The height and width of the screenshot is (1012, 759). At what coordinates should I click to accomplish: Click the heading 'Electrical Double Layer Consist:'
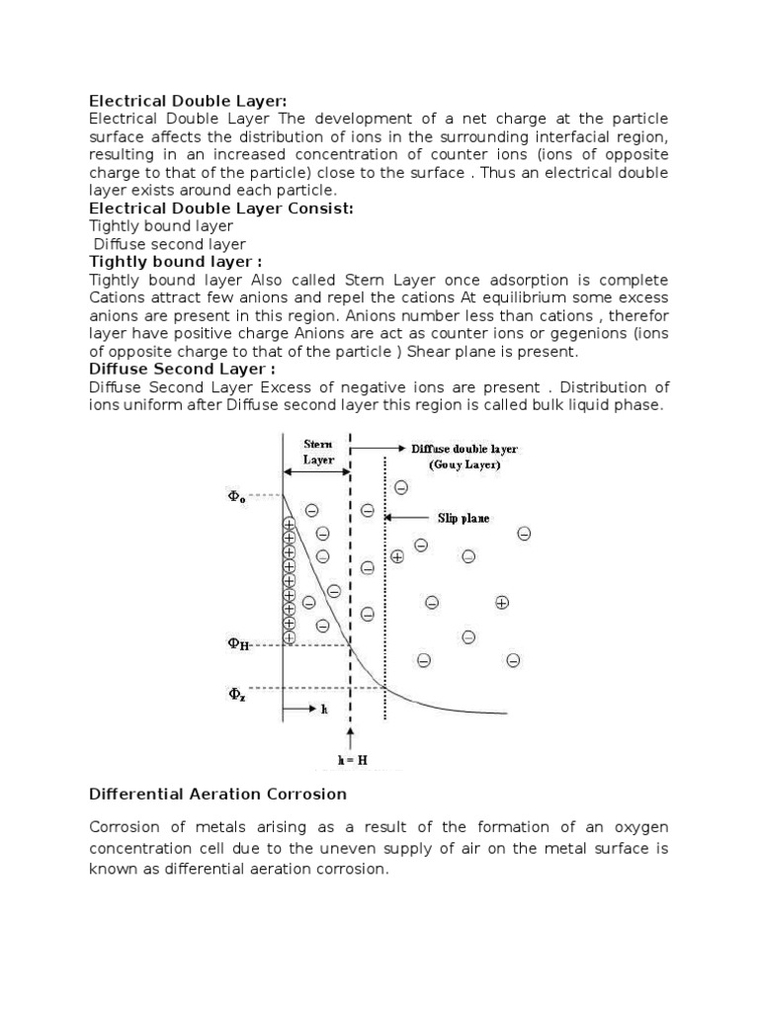(221, 209)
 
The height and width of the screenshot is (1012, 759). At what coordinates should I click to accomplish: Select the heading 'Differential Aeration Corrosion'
(217, 794)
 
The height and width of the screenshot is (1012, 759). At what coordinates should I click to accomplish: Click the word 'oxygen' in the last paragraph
(633, 826)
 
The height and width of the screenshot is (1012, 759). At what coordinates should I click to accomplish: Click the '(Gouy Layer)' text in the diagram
(464, 464)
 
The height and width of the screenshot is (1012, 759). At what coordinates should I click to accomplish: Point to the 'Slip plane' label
(464, 518)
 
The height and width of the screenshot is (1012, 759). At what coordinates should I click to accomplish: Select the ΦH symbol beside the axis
(239, 644)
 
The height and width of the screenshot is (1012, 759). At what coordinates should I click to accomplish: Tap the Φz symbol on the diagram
(238, 695)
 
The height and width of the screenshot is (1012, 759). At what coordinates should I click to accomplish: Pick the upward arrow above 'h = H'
(350, 737)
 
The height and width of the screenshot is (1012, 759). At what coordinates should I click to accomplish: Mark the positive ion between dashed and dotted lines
(397, 556)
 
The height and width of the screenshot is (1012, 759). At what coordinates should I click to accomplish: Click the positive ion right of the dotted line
(502, 603)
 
